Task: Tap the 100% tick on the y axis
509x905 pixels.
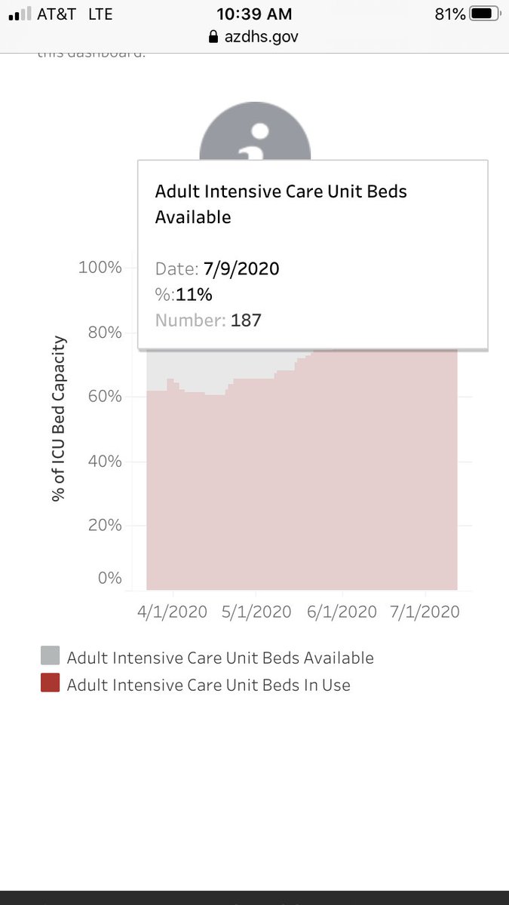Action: tap(100, 268)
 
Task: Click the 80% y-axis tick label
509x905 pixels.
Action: tap(104, 333)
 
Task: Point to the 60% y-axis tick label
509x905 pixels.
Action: tap(104, 397)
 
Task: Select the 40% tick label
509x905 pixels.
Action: tap(104, 461)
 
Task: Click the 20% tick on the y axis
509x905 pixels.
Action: tap(104, 525)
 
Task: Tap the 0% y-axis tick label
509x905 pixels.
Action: tap(109, 578)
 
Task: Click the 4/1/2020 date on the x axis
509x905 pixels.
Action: tap(172, 612)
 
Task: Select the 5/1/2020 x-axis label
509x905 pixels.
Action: tap(256, 612)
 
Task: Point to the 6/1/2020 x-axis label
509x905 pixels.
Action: tap(342, 612)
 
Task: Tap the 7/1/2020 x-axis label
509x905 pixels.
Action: tap(425, 612)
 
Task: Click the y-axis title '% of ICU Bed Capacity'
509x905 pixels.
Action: tap(59, 419)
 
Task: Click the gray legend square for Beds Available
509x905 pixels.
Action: tap(50, 656)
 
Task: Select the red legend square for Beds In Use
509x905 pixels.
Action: tap(50, 683)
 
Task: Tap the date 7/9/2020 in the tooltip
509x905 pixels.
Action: tap(241, 269)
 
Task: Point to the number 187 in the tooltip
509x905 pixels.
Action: tap(246, 321)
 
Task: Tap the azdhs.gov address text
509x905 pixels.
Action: tap(261, 36)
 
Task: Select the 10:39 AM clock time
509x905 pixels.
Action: tap(254, 14)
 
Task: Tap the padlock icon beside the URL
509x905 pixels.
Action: tap(213, 36)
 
